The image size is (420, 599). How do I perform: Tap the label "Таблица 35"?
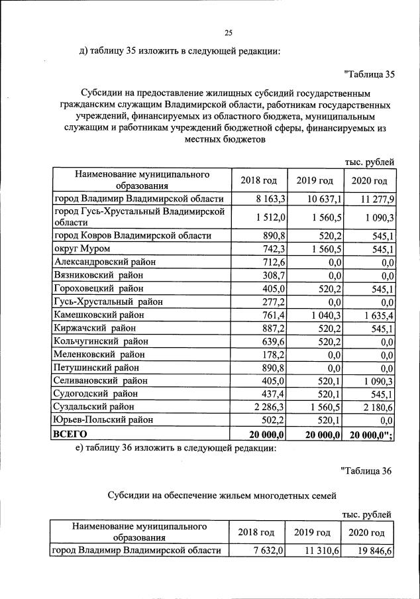coord(370,74)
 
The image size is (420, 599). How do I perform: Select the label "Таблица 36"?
coord(367,470)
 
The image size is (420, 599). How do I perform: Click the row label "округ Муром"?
coord(81,248)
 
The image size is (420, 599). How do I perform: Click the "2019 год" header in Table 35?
coord(315,180)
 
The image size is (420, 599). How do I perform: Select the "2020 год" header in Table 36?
coord(366,532)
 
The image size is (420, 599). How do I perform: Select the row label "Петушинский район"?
coord(97,368)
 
